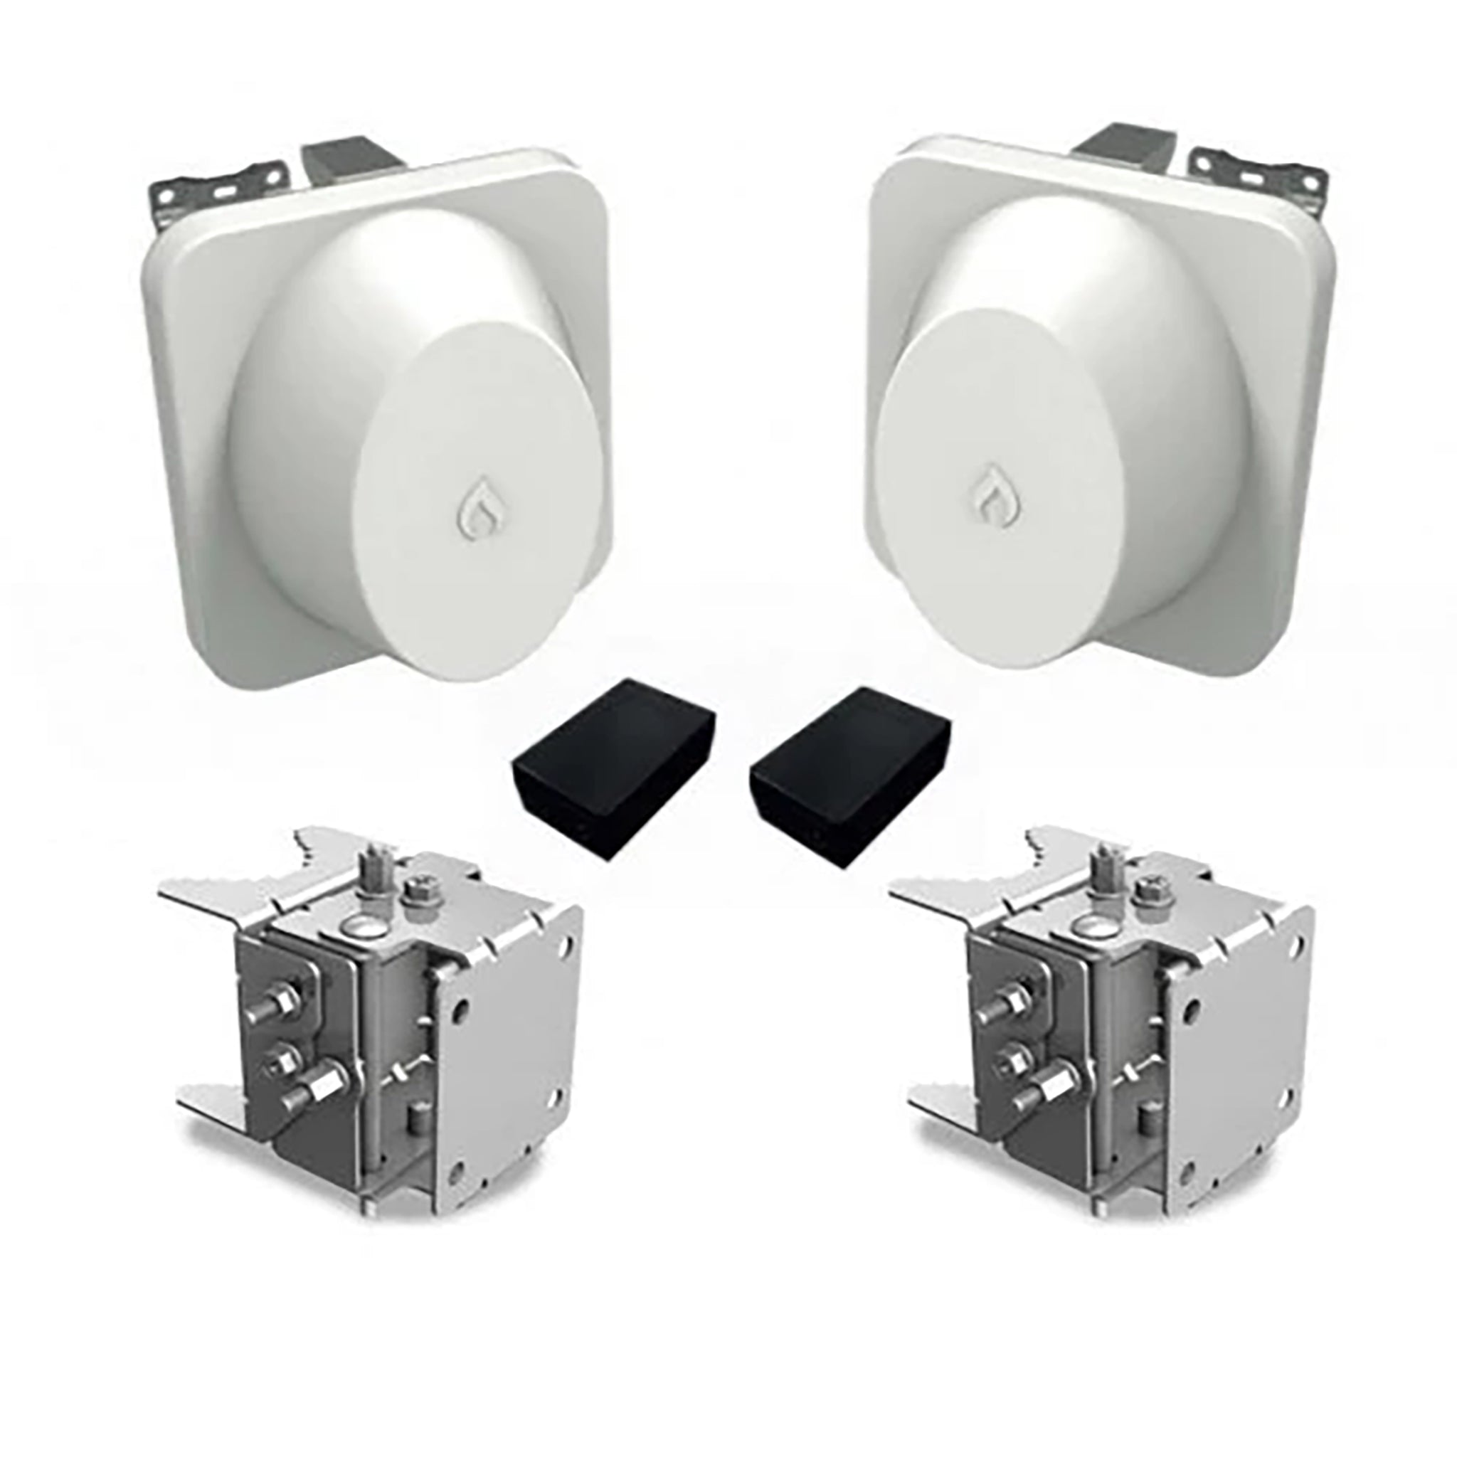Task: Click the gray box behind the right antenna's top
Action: click(x=1116, y=154)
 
